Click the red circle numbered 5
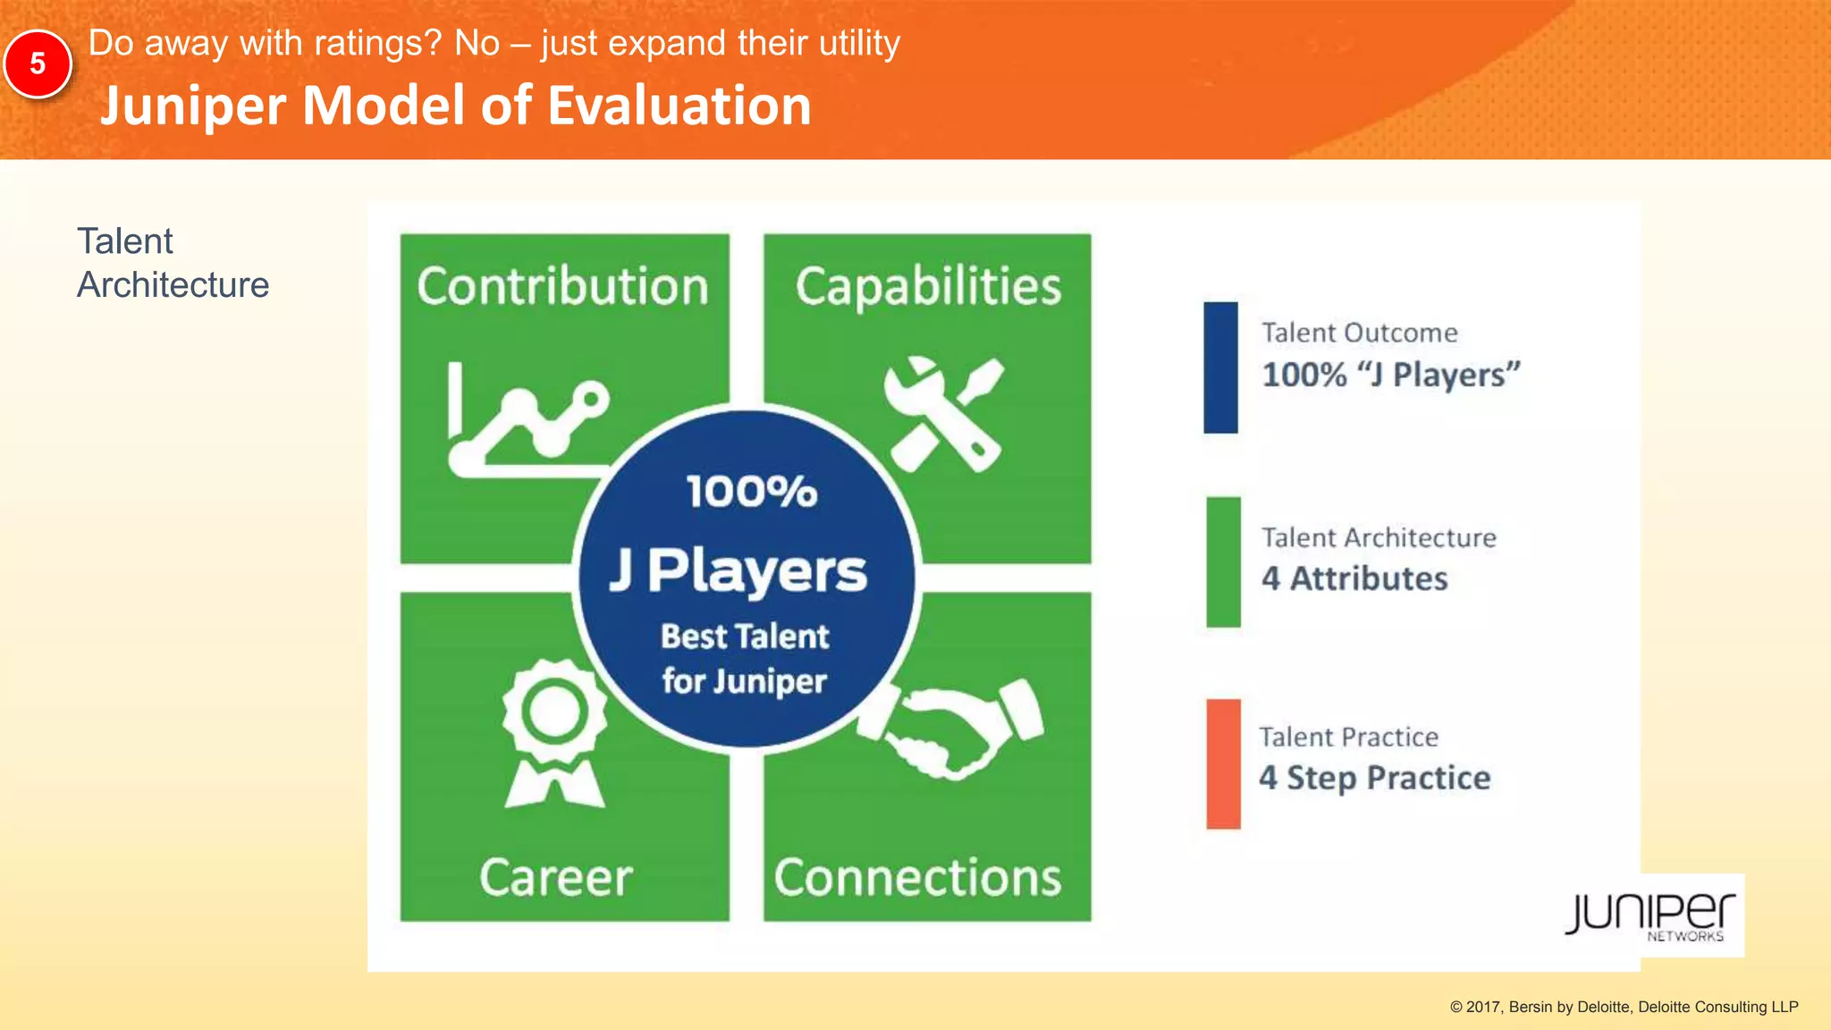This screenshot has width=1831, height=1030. click(38, 64)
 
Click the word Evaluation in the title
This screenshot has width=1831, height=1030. click(679, 106)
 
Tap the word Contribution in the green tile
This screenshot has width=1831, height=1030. click(562, 287)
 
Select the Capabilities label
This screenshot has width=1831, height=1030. click(928, 287)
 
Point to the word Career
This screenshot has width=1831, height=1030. click(556, 877)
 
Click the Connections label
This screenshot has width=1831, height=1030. click(917, 877)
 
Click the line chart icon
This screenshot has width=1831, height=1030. click(527, 420)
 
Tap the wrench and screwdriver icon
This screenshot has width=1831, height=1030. click(943, 414)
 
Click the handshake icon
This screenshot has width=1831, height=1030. click(952, 729)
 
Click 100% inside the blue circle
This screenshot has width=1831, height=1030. click(751, 492)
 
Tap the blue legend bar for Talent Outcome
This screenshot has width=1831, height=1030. click(1220, 367)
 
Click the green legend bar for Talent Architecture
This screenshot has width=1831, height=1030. click(1223, 561)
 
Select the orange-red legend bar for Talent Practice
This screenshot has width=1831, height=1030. click(1223, 764)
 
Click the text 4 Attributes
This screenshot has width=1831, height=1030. click(1354, 578)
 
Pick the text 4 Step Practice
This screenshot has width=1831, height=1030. click(1374, 778)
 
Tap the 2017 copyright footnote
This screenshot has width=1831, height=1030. click(1624, 1007)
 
